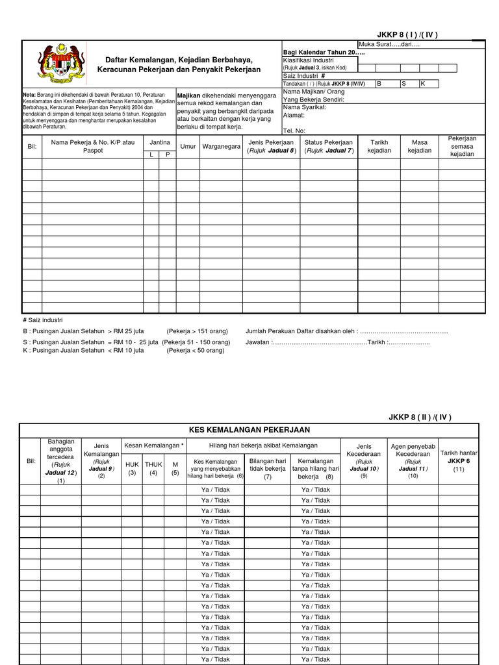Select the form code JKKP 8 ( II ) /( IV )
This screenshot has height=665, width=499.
point(420,417)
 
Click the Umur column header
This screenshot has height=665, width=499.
point(188,147)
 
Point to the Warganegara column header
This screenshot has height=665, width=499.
point(220,147)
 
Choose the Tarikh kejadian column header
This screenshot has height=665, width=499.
point(379,147)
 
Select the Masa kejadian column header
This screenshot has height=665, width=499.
point(420,147)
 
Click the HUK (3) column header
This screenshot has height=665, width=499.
point(133,468)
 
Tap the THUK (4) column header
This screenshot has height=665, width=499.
point(153,468)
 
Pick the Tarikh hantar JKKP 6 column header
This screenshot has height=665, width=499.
point(459,460)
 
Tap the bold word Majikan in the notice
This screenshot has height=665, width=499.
point(188,95)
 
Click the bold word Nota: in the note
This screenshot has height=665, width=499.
point(29,95)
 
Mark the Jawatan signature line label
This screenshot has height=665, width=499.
point(258,342)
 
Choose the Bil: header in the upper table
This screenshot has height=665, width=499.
point(32,147)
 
